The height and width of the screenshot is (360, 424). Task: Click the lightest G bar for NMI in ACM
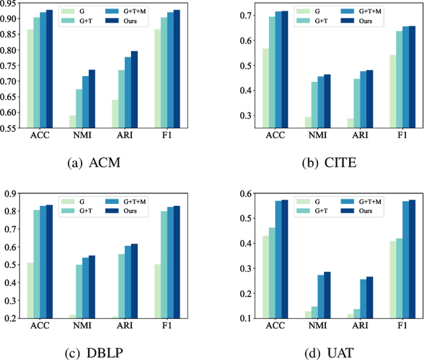click(x=73, y=122)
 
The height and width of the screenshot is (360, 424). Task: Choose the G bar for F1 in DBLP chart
click(x=158, y=291)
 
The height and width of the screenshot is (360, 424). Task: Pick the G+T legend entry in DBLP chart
click(x=87, y=210)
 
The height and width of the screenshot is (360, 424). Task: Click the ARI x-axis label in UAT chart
click(x=358, y=326)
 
